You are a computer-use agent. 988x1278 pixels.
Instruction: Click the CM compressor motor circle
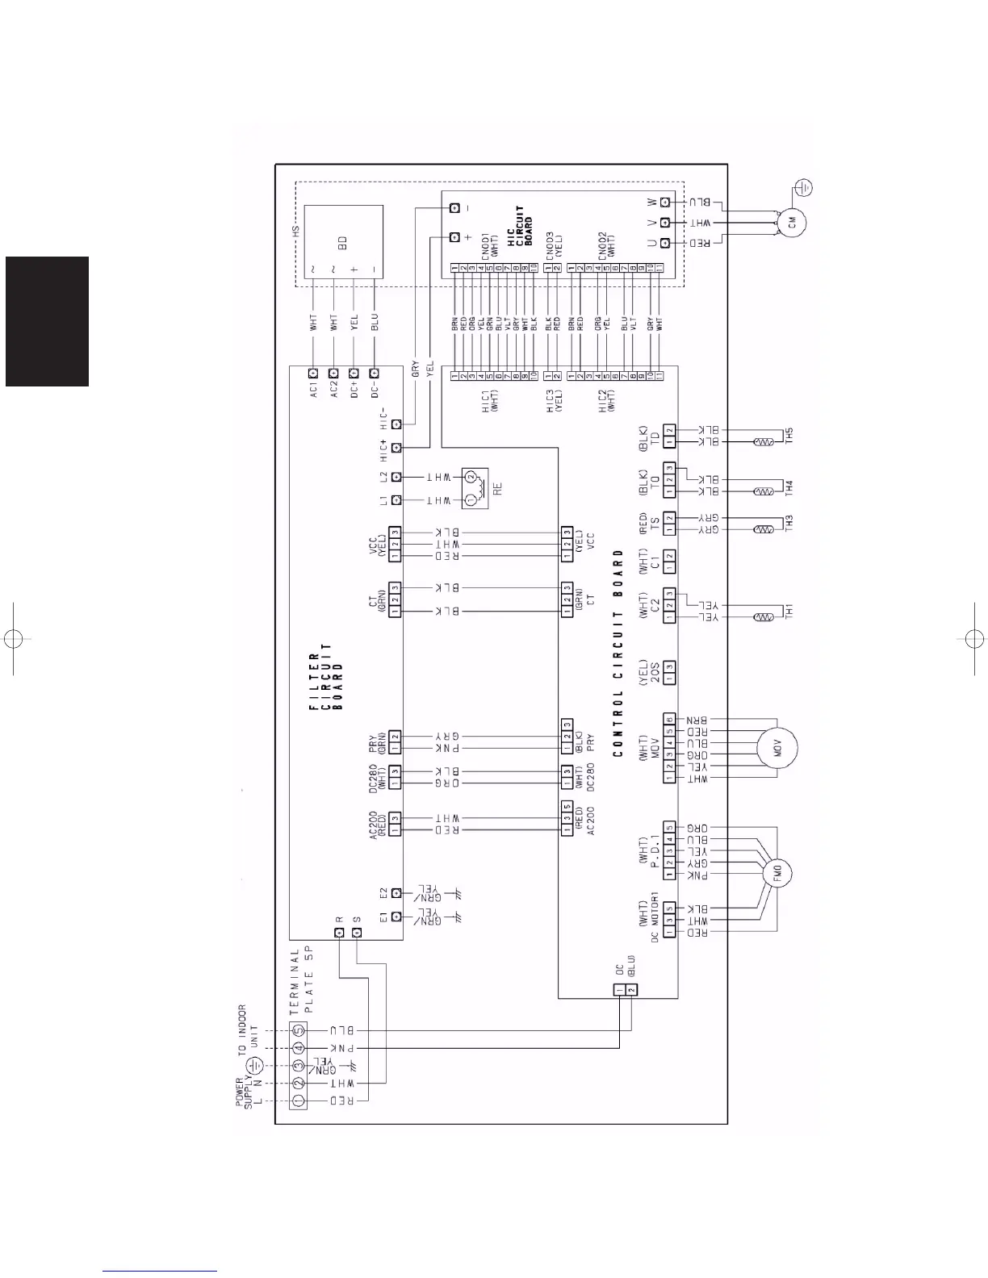790,223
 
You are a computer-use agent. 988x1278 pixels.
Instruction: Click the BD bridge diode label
342,243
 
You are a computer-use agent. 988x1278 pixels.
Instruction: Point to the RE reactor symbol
475,489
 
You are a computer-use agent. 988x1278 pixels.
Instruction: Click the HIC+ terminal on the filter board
396,448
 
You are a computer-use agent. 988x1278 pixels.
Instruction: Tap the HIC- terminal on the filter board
396,424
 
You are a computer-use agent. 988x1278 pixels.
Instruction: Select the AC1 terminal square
313,374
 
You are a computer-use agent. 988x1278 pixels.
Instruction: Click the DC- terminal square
374,374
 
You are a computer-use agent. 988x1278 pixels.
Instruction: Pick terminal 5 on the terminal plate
298,1030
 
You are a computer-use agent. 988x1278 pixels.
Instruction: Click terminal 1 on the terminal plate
298,1100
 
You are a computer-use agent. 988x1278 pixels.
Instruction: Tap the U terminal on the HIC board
666,243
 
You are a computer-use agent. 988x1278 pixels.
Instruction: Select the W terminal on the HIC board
666,202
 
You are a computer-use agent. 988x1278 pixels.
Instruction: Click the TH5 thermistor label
789,436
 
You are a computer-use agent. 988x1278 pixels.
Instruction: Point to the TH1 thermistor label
789,612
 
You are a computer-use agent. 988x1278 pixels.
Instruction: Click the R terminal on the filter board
339,933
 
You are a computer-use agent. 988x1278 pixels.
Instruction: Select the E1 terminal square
396,917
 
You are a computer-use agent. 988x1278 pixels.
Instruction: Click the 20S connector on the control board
669,667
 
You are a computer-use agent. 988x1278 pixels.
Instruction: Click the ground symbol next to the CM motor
804,188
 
